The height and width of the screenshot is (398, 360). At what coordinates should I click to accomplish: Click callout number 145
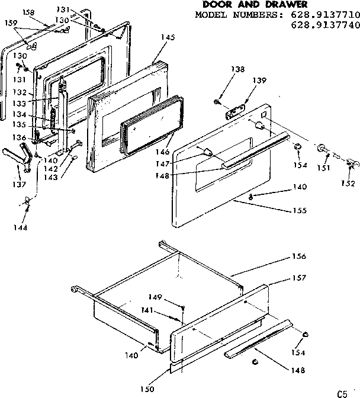tap(168, 37)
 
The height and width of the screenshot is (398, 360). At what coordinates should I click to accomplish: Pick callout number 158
tap(28, 11)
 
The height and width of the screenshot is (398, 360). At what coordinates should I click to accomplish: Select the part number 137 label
tap(20, 185)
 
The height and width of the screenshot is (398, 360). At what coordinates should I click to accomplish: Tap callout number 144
tap(21, 227)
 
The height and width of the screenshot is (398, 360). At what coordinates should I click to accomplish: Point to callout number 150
tap(148, 389)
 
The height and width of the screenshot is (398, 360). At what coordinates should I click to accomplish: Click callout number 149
tap(155, 297)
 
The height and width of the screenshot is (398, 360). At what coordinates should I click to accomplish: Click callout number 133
tap(20, 102)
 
